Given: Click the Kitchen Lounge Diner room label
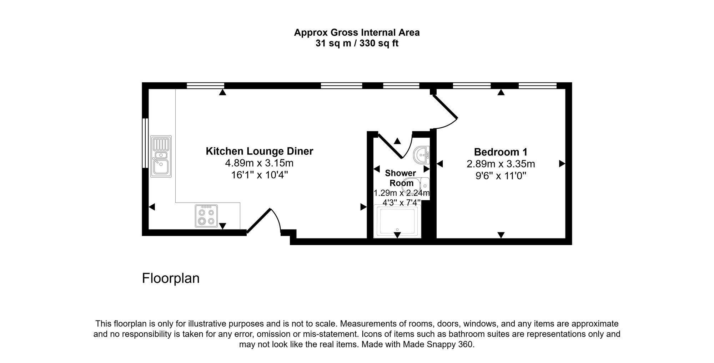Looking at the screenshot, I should tap(259, 151).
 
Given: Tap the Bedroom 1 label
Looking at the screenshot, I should tap(501, 152).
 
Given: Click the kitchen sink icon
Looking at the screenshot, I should tap(161, 156).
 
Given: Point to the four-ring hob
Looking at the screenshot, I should tap(206, 216).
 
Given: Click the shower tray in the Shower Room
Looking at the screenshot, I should tap(397, 221).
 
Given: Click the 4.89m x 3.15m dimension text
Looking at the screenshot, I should tap(259, 163).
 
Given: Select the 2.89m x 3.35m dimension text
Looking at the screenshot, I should tap(501, 164).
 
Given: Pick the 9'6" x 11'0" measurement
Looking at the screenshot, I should tap(501, 176).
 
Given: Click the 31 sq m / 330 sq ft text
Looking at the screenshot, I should tap(357, 44).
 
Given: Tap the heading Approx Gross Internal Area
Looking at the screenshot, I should tap(357, 32).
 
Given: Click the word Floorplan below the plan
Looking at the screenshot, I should tap(171, 278).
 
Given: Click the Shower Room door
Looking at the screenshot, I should tap(391, 145).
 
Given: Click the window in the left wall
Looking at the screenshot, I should tap(145, 143).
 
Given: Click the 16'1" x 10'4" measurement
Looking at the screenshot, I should tap(259, 175).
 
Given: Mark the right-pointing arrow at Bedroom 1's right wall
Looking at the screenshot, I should tap(562, 164).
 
